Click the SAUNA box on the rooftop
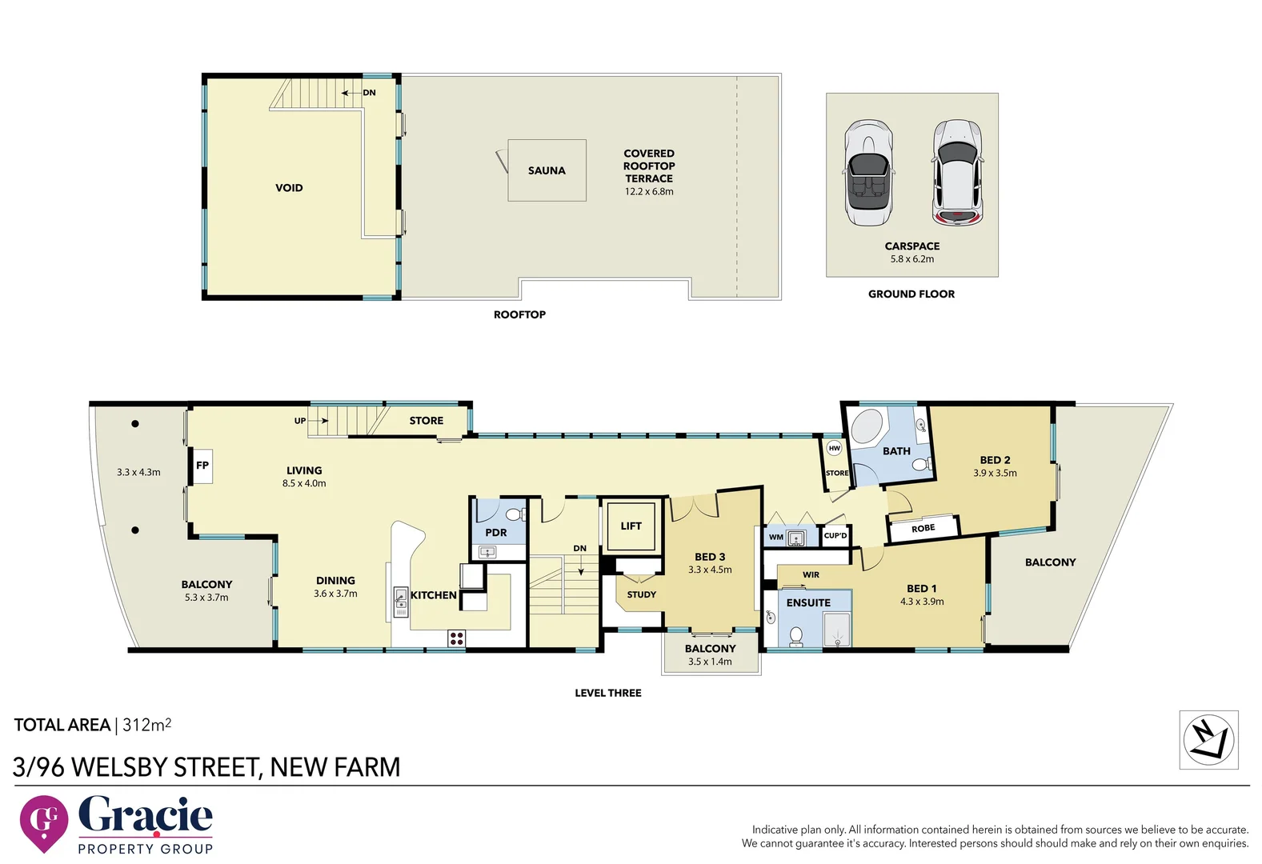point(547,170)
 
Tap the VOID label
point(289,188)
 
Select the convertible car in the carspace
point(868,174)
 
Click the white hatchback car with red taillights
point(957,173)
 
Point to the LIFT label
point(631,526)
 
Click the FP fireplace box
point(202,465)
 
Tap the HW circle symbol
point(834,448)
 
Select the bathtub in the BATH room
point(867,426)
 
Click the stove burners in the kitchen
point(456,638)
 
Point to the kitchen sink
point(400,602)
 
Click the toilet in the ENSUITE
point(795,636)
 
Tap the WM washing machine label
point(775,537)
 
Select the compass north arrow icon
point(1208,739)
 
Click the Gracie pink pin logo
point(43,822)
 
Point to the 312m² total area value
point(146,725)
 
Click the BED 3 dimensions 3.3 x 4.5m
point(710,570)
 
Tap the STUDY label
point(641,594)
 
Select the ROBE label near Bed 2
point(923,528)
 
